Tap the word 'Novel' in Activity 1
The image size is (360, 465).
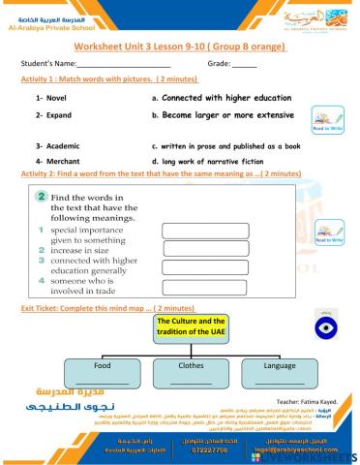click(49, 98)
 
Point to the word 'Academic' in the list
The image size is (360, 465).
click(55, 144)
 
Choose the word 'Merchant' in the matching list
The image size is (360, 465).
click(56, 160)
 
